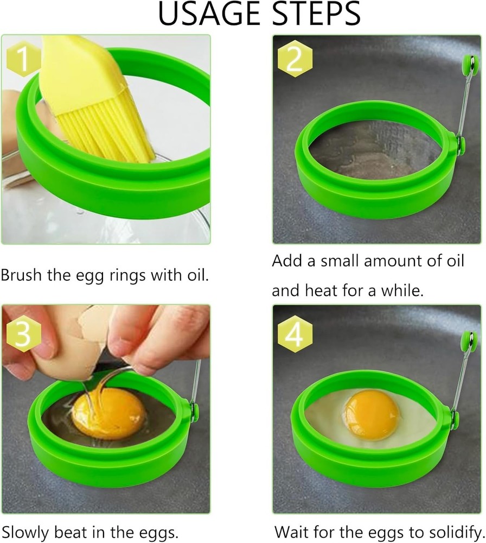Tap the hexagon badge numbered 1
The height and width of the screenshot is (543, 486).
[x=23, y=60]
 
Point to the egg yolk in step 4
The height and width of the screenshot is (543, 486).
[x=371, y=414]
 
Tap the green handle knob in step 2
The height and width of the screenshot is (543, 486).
[x=466, y=66]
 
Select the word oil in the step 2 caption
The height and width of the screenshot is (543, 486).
[x=452, y=261]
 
